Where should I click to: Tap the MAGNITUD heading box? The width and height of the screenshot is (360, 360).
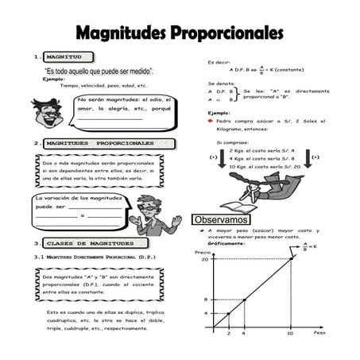70,57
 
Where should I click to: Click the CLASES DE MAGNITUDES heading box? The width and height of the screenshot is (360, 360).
95,242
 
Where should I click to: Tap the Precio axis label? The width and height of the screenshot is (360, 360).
203,252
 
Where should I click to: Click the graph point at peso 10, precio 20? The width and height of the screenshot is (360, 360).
290,260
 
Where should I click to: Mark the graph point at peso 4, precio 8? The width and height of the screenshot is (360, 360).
243,299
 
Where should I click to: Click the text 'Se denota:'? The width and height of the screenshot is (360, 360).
222,83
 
